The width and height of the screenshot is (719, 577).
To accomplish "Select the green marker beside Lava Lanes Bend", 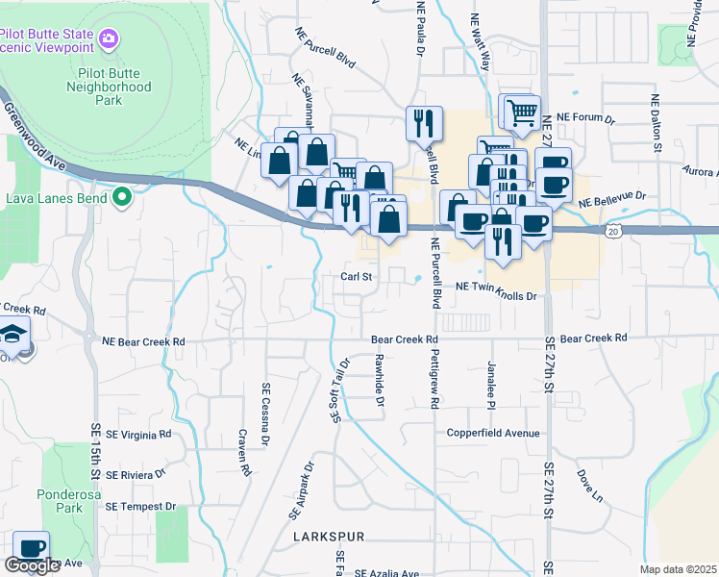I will point(121,198).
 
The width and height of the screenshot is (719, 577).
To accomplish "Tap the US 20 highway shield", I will point(612,231).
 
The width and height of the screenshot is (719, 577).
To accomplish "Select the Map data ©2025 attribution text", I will point(677,569).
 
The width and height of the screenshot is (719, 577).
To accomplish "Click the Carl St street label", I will point(356,276).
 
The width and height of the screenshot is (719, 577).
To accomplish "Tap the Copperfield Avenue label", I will point(493,433).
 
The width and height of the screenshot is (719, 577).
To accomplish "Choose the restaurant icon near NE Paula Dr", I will point(424,122).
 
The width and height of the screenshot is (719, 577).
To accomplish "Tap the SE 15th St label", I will point(96,452).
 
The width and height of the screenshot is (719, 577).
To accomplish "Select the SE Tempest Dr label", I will point(141,506).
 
